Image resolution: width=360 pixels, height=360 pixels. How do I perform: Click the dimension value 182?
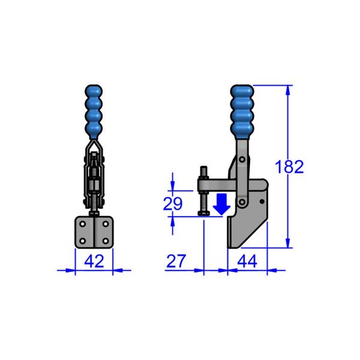click(289, 166)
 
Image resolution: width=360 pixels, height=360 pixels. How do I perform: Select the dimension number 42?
click(94, 261)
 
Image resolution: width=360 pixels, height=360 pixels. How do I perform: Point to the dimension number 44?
click(248, 261)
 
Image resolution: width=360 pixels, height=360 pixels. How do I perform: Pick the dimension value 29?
click(173, 204)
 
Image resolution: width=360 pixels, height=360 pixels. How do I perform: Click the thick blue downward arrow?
click(221, 204)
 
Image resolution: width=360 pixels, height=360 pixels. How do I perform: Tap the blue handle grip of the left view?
click(94, 112)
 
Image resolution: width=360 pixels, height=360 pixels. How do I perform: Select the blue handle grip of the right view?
click(242, 112)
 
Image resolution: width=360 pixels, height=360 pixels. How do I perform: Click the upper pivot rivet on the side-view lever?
click(242, 161)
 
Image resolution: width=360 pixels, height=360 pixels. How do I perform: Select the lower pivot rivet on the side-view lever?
click(242, 202)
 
